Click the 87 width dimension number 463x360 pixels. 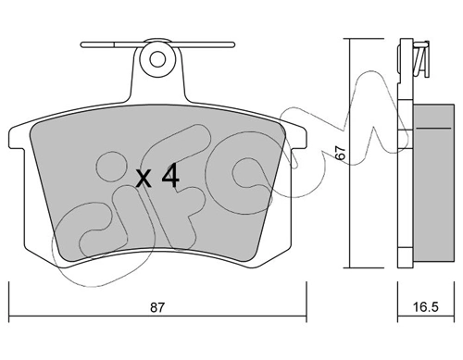click(x=157, y=307)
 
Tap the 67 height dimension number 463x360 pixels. click(x=340, y=153)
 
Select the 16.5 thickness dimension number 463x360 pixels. click(x=425, y=307)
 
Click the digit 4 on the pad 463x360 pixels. click(x=170, y=175)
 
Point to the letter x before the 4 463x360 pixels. click(x=144, y=180)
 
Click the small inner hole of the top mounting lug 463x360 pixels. click(x=157, y=59)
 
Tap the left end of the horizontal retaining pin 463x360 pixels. click(x=82, y=44)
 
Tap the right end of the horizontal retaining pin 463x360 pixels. click(x=233, y=44)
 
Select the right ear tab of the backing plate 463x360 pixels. click(x=297, y=136)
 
